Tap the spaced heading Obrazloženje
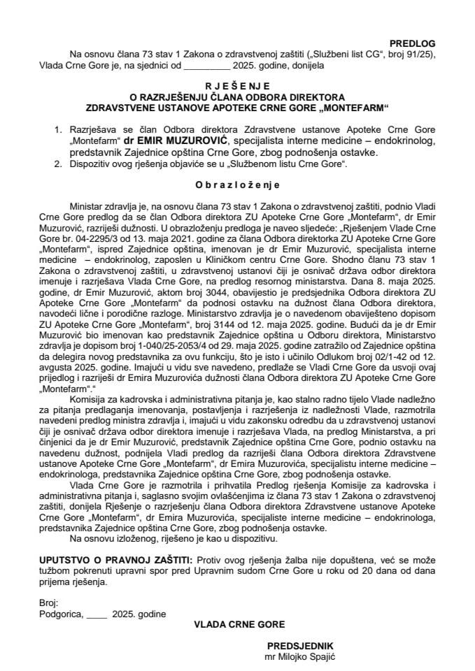236,185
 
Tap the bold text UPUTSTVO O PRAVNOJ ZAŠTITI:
116,559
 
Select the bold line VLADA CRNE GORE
240,624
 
